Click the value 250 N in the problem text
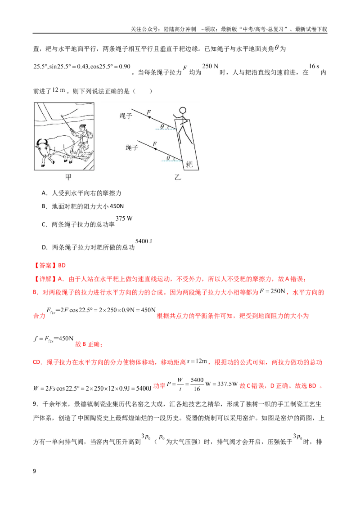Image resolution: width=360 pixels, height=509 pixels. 210,66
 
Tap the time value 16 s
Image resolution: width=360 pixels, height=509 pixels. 314,66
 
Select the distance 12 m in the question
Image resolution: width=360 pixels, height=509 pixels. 58,90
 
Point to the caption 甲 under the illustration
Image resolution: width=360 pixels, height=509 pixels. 68,177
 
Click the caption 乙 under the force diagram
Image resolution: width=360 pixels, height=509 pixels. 177,177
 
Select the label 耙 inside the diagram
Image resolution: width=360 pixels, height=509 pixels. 189,164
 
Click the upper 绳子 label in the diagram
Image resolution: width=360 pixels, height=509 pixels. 126,116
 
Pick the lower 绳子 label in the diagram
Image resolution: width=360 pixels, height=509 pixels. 132,147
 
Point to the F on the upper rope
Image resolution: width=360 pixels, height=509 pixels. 149,112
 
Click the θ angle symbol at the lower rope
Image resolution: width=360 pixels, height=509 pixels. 168,158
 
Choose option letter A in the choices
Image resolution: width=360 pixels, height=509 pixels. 44,193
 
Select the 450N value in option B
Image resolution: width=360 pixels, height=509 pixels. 117,206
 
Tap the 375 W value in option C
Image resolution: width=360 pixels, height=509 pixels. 124,219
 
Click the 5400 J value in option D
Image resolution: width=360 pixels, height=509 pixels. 144,241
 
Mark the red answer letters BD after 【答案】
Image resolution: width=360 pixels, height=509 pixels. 62,266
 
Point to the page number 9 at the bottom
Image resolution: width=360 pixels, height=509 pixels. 35,471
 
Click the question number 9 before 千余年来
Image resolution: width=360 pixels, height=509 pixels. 36,404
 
